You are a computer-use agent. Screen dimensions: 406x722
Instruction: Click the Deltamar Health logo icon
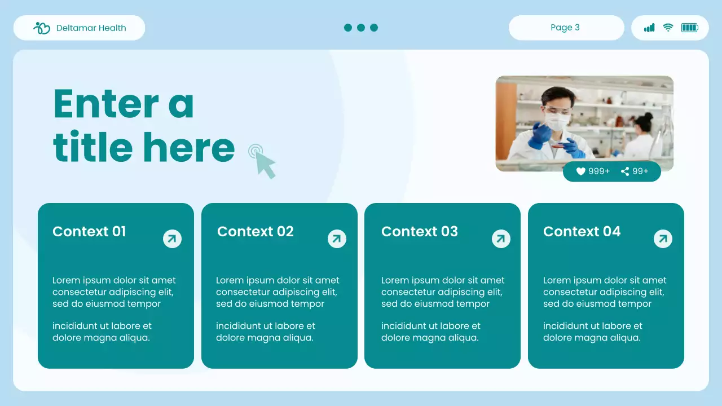[42, 28]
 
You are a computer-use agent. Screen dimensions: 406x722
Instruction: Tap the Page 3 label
[565, 28]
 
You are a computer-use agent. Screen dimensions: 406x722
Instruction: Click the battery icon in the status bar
[689, 28]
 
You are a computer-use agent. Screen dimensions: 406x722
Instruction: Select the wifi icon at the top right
[668, 28]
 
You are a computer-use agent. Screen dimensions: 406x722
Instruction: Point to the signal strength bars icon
[649, 28]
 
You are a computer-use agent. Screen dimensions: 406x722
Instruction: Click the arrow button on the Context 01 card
[172, 239]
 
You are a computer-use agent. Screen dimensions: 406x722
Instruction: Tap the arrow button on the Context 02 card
[337, 239]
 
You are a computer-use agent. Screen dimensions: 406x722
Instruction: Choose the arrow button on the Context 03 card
[501, 239]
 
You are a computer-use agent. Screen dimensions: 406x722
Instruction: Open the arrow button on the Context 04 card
[663, 239]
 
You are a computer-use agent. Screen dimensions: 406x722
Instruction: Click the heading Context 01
[89, 232]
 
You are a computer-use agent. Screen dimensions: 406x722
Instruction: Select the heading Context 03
[419, 232]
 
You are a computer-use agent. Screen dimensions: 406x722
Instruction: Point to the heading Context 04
[582, 232]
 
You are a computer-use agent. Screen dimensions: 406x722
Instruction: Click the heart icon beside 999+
[581, 171]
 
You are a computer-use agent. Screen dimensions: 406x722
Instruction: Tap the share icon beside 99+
[625, 171]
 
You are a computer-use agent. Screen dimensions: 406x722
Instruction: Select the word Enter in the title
[106, 104]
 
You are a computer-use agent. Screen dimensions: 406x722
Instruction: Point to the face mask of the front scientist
[557, 122]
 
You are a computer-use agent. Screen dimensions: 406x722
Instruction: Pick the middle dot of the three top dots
[361, 28]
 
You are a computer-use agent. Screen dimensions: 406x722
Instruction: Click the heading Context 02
[255, 232]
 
